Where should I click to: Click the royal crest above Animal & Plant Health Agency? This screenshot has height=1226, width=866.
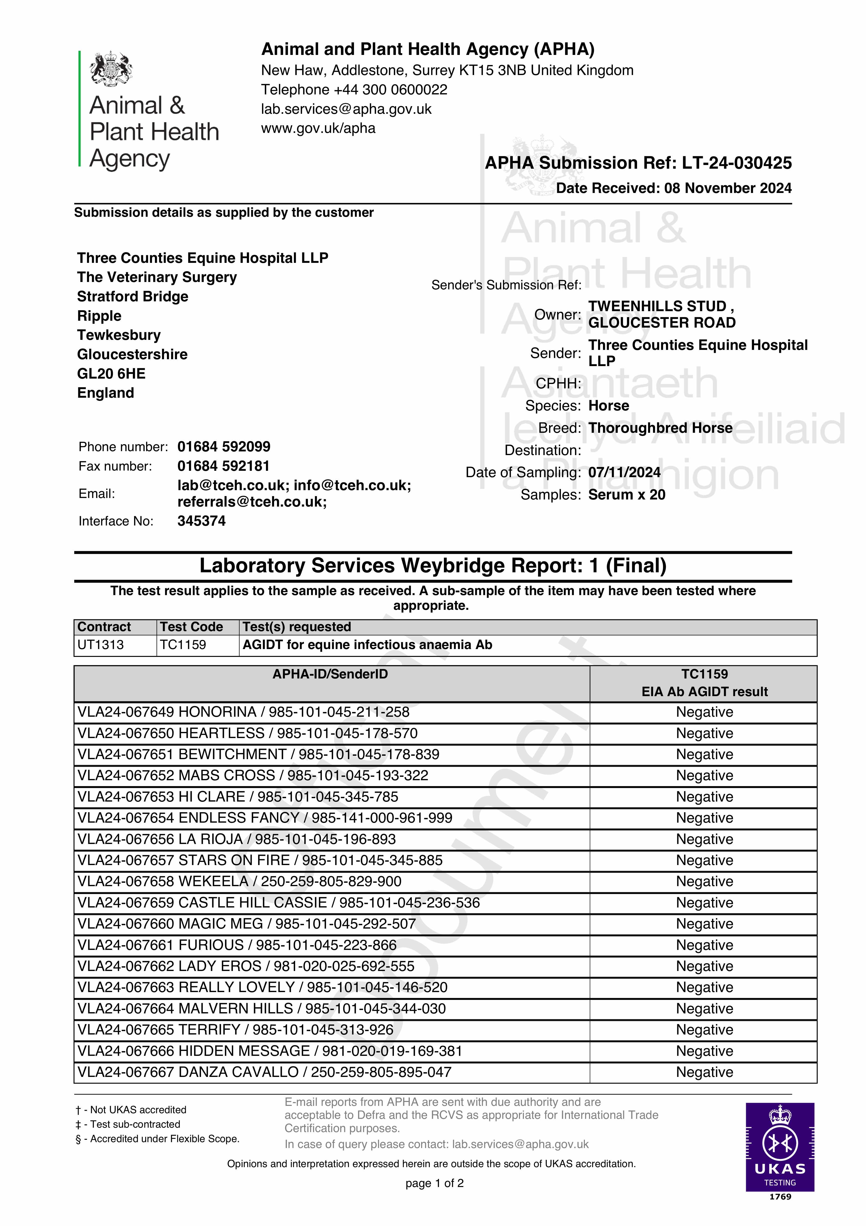point(111,68)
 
